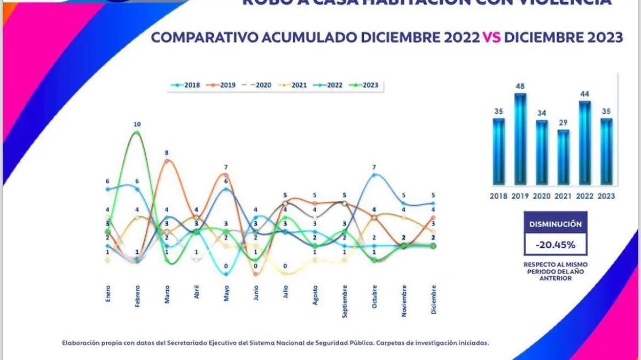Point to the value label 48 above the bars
coord(520,85)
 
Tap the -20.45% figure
coord(556,245)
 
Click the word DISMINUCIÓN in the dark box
coord(556,224)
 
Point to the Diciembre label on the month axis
coord(433,300)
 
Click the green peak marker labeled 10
coord(137,132)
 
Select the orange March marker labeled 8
coord(167,160)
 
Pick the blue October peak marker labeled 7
coord(374,175)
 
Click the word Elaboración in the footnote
coord(80,343)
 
